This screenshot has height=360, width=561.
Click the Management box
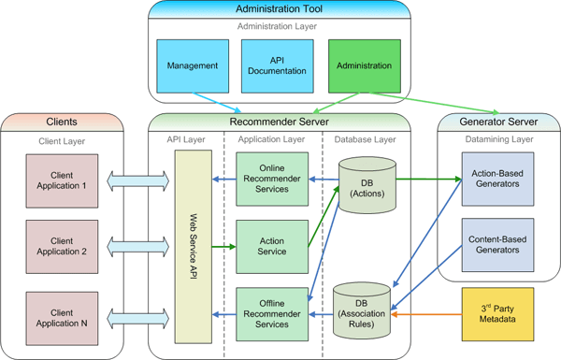pyautogui.click(x=193, y=65)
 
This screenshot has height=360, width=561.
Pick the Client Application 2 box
pyautogui.click(x=65, y=245)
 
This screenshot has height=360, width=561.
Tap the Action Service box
pyautogui.click(x=271, y=245)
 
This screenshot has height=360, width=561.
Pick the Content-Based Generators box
pyautogui.click(x=496, y=245)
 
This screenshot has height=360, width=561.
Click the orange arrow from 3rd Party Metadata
pyautogui.click(x=428, y=315)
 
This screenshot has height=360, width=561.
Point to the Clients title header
pyautogui.click(x=63, y=122)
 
